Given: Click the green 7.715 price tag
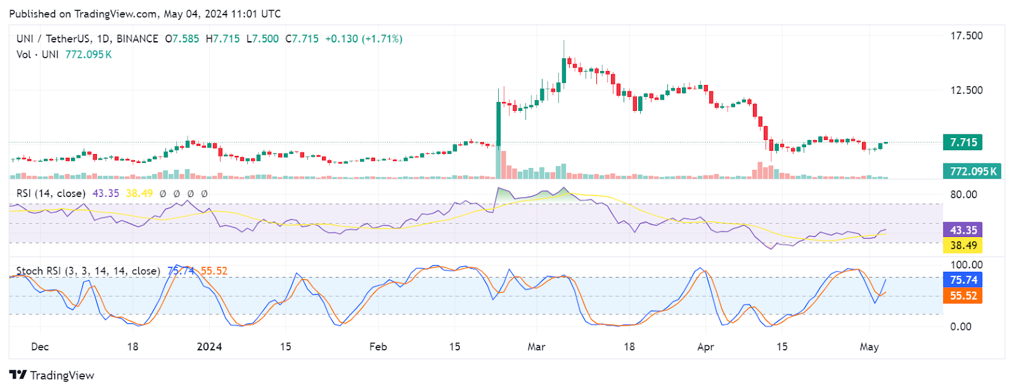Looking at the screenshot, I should [963, 142].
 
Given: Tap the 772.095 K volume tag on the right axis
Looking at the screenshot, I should [973, 171].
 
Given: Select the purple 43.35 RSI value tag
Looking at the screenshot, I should [963, 230].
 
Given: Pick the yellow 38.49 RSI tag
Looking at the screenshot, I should [963, 245].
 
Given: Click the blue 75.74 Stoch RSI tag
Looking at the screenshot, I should [963, 279].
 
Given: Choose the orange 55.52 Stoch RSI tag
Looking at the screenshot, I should [963, 296].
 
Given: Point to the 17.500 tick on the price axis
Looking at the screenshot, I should [966, 35].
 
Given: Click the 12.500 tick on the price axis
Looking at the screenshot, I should [966, 90].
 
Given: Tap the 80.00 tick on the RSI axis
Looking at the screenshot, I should [963, 195].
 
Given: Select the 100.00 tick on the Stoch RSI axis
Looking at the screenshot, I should [966, 265].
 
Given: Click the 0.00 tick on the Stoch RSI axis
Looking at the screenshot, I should [961, 326].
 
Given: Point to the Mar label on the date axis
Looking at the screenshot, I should [536, 347].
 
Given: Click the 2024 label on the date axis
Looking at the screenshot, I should [209, 347].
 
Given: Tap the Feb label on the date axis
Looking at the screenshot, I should [378, 347].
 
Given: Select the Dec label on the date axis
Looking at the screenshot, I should [40, 347].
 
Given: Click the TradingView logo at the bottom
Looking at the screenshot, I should [52, 375].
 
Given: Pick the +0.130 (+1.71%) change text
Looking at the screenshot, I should [364, 39].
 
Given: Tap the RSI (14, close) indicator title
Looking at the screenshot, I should [51, 193].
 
